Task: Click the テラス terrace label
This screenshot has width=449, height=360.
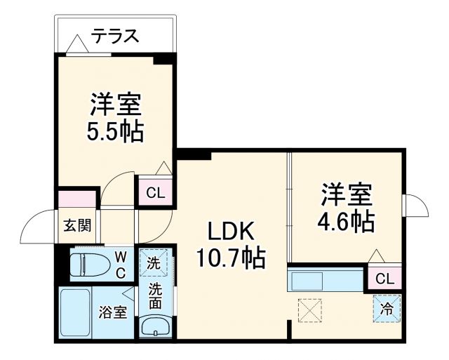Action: pos(114,34)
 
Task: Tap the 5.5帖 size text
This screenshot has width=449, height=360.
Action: pos(116,131)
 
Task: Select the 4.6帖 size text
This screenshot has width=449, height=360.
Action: pos(347,222)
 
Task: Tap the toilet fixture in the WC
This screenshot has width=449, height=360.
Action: pos(88,265)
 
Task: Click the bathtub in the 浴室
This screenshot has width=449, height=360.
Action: pos(74,313)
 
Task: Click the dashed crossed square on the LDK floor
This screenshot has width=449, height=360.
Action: pos(308,309)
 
